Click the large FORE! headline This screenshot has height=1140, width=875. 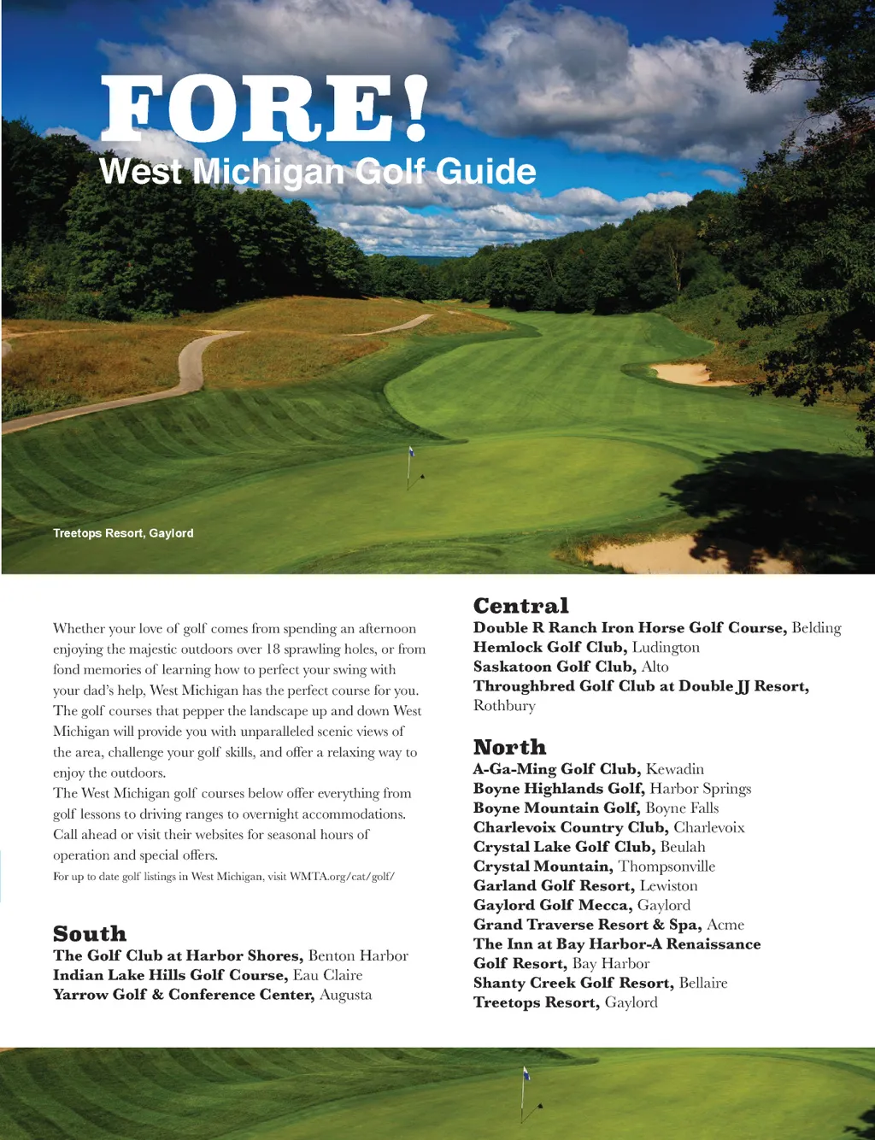tap(264, 109)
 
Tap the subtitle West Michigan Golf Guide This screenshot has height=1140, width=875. tap(317, 171)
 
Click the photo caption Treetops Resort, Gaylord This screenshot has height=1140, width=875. tap(123, 533)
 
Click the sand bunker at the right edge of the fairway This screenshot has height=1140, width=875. tap(681, 373)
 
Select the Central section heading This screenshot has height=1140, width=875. tap(520, 606)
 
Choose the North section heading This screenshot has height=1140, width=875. tap(509, 747)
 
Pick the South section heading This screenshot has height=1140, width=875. tap(90, 933)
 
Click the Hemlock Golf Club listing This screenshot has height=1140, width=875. tap(586, 647)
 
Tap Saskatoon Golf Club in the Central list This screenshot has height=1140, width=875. tap(571, 667)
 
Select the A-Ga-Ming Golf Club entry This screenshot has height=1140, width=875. tap(588, 769)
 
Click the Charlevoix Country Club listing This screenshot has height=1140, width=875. tap(608, 827)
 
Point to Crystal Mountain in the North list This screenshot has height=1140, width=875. tap(594, 867)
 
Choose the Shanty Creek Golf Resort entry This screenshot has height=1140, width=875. tap(600, 983)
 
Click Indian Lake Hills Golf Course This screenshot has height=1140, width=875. tap(207, 975)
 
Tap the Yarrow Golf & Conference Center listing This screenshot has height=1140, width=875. tap(212, 995)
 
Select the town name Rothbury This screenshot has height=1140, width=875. tap(504, 706)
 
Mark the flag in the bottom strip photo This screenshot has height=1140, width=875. tap(526, 1073)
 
